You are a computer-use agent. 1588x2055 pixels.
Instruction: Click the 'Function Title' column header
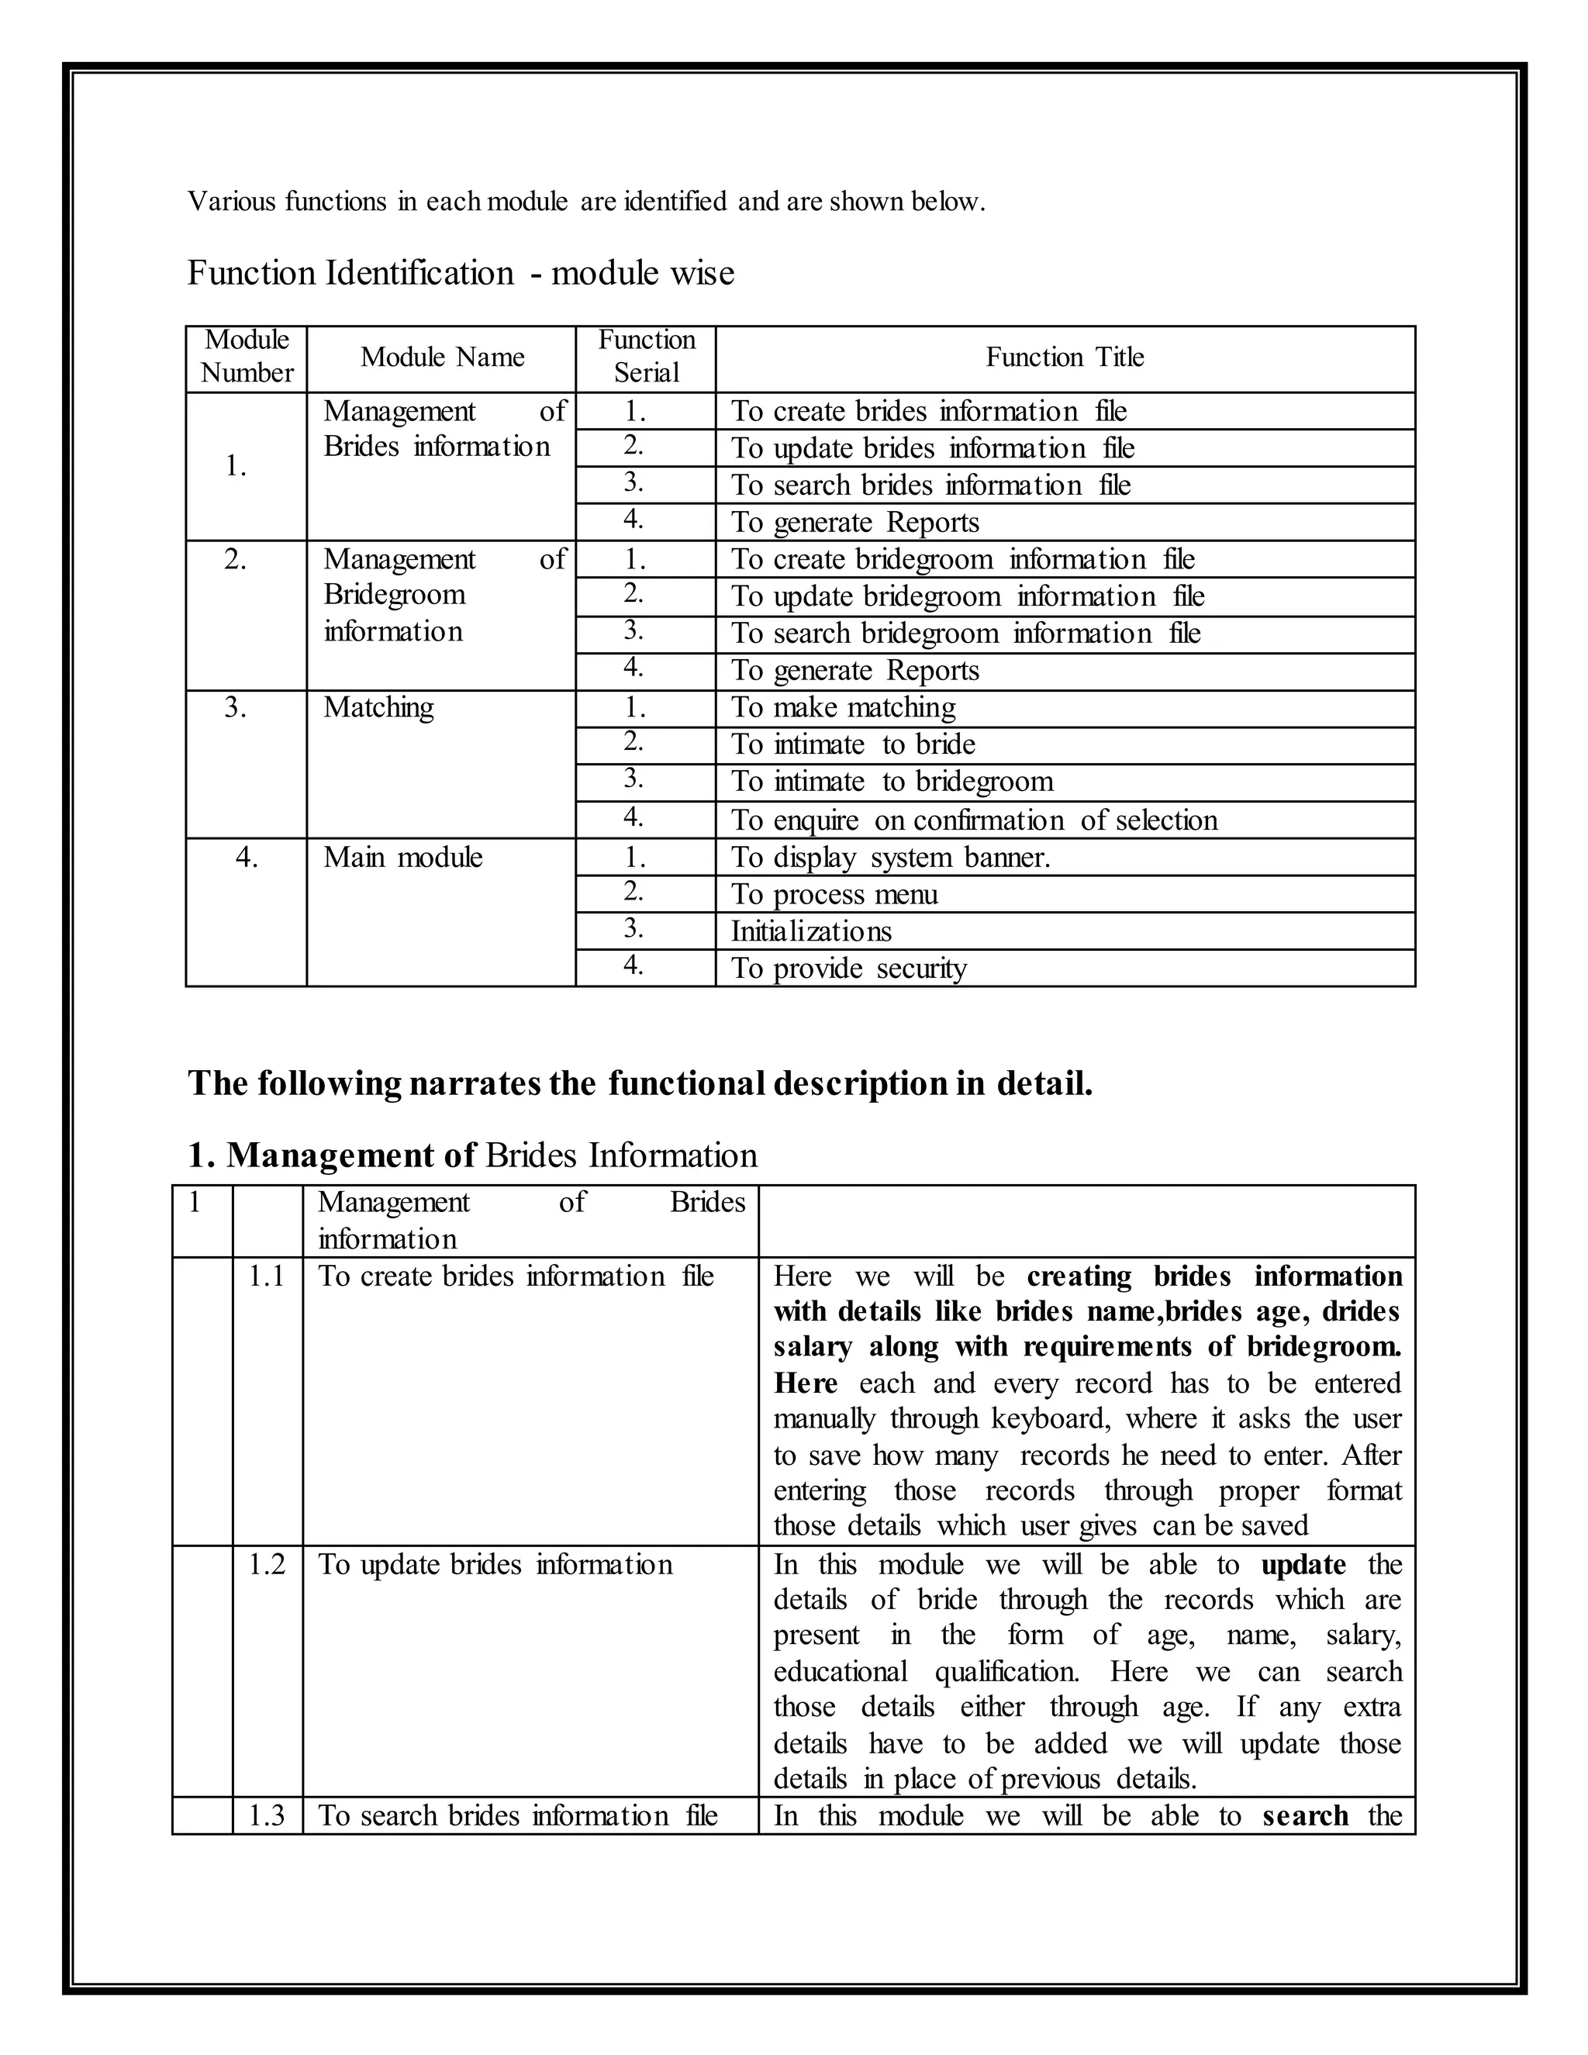1064,357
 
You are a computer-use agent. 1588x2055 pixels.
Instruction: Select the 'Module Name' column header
442,357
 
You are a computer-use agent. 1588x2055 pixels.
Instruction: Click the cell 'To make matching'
843,707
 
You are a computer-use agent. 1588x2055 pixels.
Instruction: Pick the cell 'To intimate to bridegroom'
892,782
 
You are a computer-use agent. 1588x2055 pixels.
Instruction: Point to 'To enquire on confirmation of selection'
974,820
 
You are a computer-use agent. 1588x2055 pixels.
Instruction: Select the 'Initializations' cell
811,931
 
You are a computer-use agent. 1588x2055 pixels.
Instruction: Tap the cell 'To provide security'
848,969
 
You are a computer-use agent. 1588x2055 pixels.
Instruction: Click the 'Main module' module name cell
402,857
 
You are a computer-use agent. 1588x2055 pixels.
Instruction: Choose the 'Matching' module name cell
378,707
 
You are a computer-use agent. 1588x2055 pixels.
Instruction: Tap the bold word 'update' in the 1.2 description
1303,1565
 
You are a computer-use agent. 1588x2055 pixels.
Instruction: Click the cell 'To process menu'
834,895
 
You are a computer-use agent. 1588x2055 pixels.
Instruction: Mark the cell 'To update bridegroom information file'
967,596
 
